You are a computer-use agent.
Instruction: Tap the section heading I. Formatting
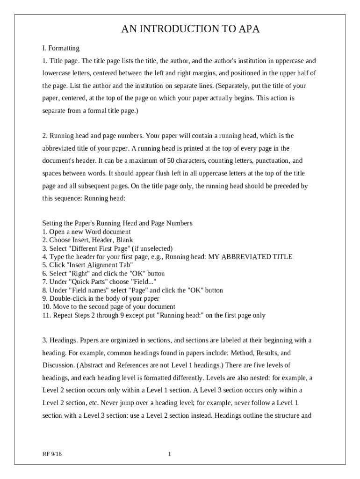(x=61, y=48)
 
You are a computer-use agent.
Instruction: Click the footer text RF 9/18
(x=52, y=454)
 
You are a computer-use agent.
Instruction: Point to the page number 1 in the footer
(x=170, y=454)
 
